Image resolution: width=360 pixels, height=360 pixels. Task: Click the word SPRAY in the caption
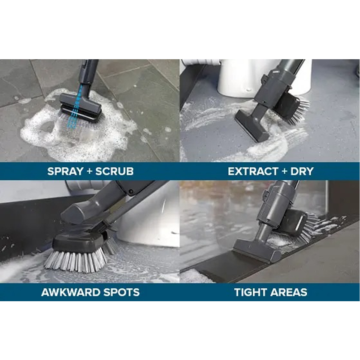click(x=65, y=171)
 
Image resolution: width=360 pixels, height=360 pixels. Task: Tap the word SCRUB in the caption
click(x=114, y=171)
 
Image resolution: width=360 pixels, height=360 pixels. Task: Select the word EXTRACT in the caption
click(x=253, y=171)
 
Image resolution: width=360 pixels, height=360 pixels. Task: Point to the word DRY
click(x=302, y=171)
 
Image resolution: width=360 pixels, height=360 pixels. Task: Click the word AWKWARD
click(x=70, y=292)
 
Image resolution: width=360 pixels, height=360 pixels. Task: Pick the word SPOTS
click(x=121, y=292)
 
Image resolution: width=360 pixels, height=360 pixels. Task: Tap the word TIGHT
click(x=251, y=292)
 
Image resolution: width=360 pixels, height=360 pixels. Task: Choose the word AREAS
click(x=289, y=292)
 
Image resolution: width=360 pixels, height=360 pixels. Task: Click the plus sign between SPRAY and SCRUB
click(x=90, y=172)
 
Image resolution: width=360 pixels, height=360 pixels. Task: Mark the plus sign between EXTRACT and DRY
click(x=284, y=172)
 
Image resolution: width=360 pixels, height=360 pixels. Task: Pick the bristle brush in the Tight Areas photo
click(x=299, y=224)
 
